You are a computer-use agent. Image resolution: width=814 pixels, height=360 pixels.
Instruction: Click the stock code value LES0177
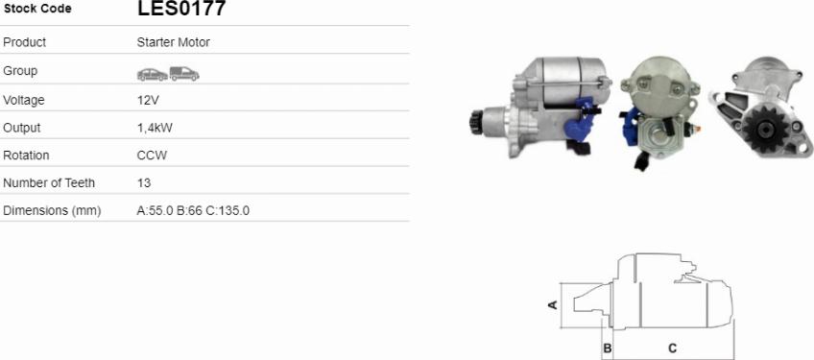click(x=181, y=9)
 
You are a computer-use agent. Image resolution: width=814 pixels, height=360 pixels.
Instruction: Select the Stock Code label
click(x=37, y=9)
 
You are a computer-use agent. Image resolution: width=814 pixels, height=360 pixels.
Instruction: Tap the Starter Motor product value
click(x=174, y=42)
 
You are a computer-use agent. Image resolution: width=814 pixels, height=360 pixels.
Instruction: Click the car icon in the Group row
click(x=153, y=74)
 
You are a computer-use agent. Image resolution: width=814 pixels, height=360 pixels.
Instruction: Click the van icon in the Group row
click(x=184, y=74)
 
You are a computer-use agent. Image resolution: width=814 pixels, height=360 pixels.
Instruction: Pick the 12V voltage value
click(x=148, y=100)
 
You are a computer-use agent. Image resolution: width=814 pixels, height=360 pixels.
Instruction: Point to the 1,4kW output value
click(x=155, y=128)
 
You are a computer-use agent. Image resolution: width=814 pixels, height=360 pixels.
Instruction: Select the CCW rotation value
click(x=152, y=156)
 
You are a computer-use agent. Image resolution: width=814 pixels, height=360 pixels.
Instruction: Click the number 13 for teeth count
click(x=144, y=182)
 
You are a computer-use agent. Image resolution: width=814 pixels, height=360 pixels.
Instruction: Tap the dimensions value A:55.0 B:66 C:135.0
click(x=193, y=211)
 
